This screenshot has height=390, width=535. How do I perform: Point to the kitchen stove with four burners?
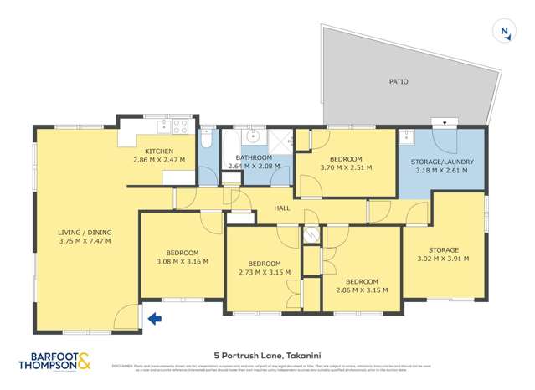177,127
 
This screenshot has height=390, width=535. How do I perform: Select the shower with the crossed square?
281,141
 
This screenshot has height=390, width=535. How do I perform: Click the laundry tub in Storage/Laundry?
407,139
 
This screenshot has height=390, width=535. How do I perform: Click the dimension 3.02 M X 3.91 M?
444,259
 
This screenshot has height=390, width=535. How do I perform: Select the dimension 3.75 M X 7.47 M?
84,241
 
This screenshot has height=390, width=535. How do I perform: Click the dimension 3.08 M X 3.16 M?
182,262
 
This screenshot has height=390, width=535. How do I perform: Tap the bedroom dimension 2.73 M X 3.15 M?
265,272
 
